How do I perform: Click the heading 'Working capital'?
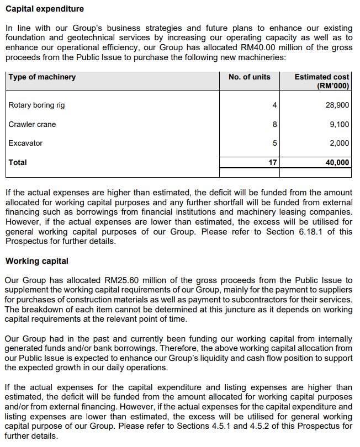tap(36, 260)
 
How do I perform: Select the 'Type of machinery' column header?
tap(42, 77)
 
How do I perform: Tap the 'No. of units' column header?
tap(250, 77)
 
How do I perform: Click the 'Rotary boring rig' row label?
tap(37, 105)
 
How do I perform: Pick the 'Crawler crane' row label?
tap(32, 125)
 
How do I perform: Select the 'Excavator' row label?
tap(25, 143)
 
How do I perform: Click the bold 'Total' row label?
tap(18, 163)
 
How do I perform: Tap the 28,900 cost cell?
tap(338, 105)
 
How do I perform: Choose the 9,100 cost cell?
tap(340, 125)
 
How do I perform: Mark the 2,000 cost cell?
tap(340, 143)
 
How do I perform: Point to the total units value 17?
tap(273, 163)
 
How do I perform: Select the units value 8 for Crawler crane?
tap(274, 125)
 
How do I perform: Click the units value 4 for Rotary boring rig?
tap(274, 105)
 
